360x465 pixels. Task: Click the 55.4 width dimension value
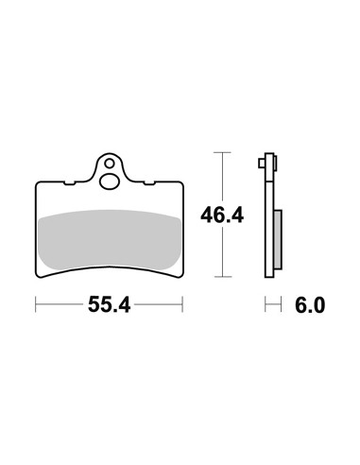tap(109, 304)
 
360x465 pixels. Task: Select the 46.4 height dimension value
tap(222, 215)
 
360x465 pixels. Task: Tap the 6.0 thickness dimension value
tap(310, 305)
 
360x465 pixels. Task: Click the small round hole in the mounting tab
tap(110, 164)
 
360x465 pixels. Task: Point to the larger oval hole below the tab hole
tap(109, 181)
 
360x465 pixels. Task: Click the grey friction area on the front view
tap(109, 240)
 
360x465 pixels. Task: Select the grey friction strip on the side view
tap(278, 239)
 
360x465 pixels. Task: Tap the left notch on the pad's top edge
tap(69, 182)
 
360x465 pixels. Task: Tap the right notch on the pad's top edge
tap(149, 182)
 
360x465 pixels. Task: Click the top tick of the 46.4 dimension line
tap(222, 152)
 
